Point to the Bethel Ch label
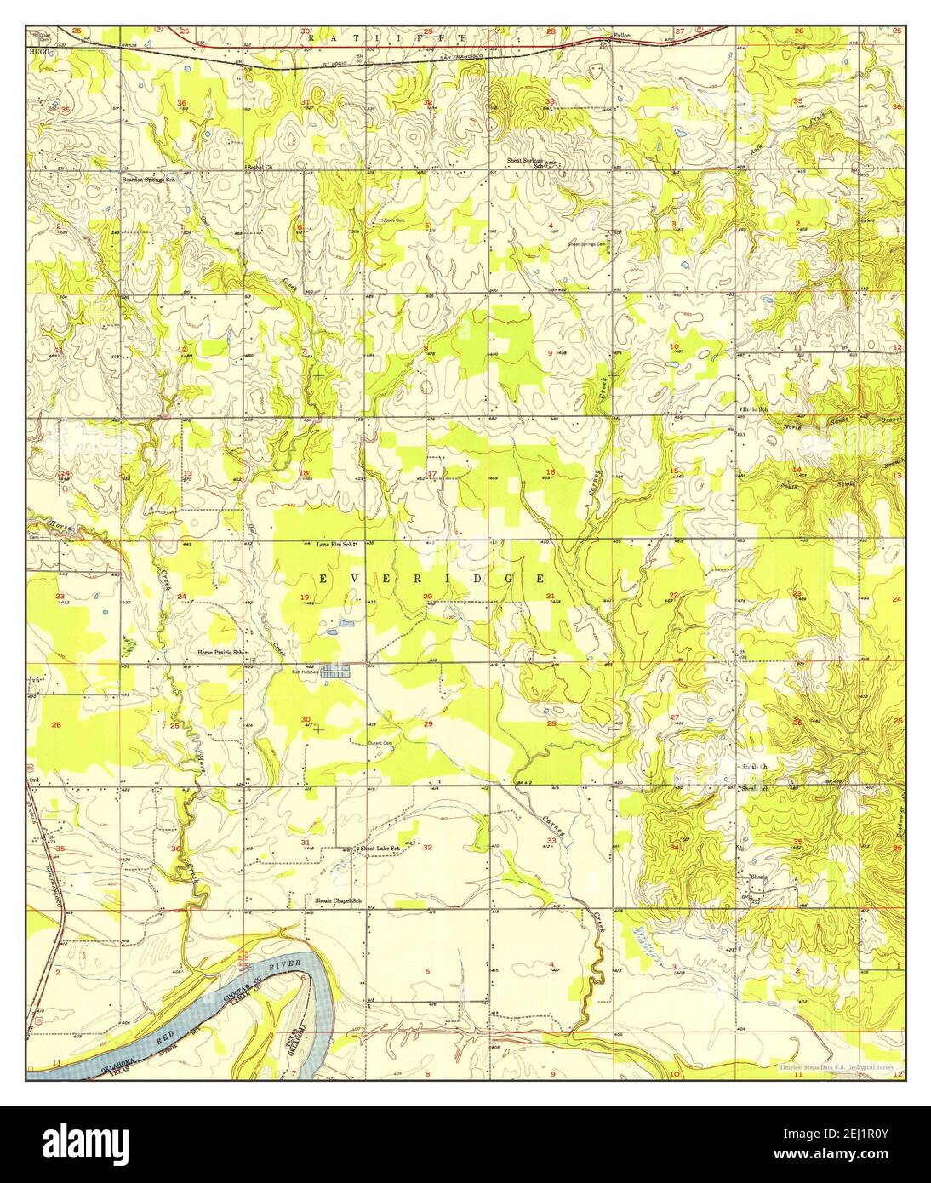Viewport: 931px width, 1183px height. (x=259, y=166)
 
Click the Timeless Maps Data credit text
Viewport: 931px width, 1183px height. (x=839, y=1067)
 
